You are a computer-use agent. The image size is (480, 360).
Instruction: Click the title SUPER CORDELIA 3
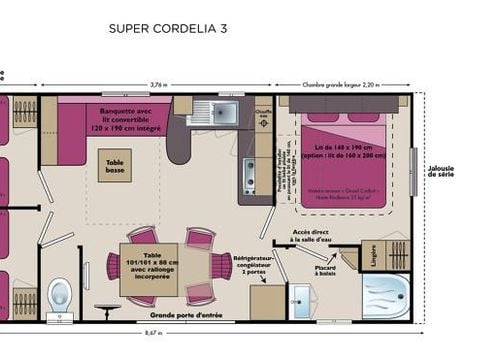168,29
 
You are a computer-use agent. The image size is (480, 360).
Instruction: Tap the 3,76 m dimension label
157,85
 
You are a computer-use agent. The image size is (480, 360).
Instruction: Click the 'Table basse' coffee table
115,166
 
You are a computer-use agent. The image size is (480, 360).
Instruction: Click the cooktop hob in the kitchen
248,175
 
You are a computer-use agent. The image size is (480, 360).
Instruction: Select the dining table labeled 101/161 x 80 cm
148,268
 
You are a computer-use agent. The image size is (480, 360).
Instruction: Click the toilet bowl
60,295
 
